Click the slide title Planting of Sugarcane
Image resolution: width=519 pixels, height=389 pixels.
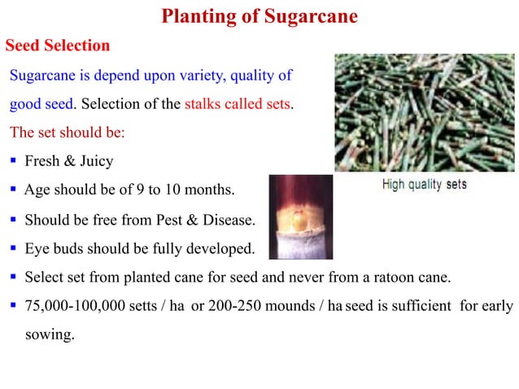click(x=259, y=16)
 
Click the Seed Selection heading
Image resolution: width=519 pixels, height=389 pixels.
click(x=58, y=45)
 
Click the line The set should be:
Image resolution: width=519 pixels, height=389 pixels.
click(x=67, y=133)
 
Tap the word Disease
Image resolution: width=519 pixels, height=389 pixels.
click(x=229, y=220)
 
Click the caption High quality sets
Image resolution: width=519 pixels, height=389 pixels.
click(x=425, y=185)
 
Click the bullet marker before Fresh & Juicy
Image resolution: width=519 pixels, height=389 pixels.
click(x=14, y=161)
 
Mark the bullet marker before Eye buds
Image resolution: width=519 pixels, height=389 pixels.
click(x=14, y=248)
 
